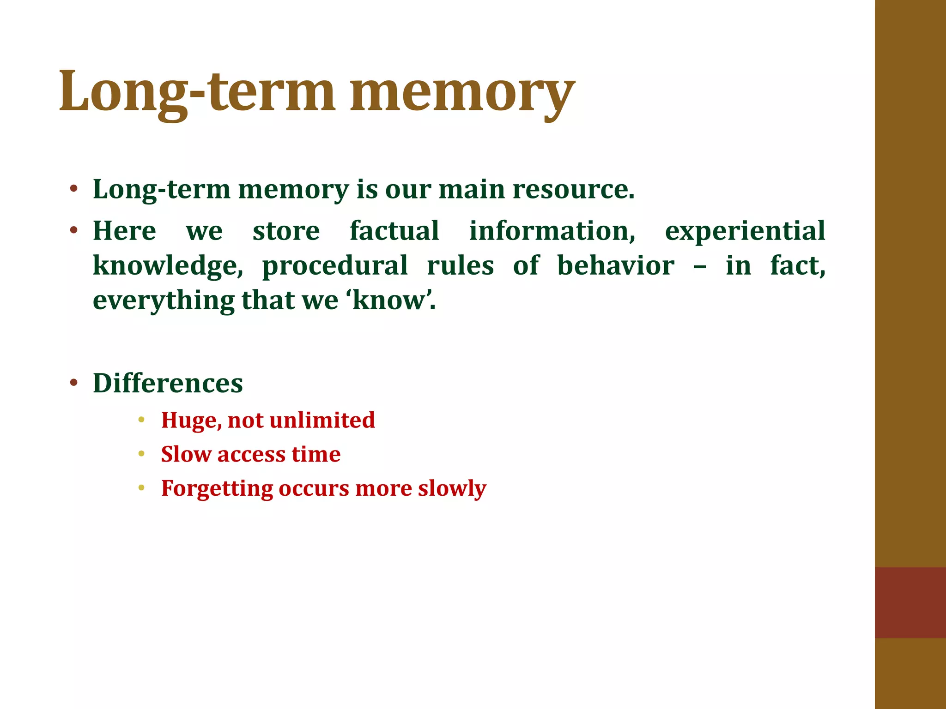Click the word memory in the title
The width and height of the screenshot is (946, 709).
pos(462,92)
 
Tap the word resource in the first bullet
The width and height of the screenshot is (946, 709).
pos(570,190)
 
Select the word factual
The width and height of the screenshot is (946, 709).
pos(394,231)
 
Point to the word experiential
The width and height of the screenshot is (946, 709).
pos(745,232)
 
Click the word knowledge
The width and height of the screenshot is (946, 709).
pos(167,266)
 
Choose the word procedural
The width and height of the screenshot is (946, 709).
pos(335,266)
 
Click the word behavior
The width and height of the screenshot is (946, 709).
pos(615,265)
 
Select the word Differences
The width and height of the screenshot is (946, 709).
pos(168,383)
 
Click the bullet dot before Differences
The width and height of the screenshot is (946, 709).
pos(73,383)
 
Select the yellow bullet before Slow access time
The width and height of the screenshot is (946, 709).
pos(141,454)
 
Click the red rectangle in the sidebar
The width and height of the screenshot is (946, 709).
pos(910,602)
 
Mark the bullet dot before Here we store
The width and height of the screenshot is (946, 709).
pos(73,230)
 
